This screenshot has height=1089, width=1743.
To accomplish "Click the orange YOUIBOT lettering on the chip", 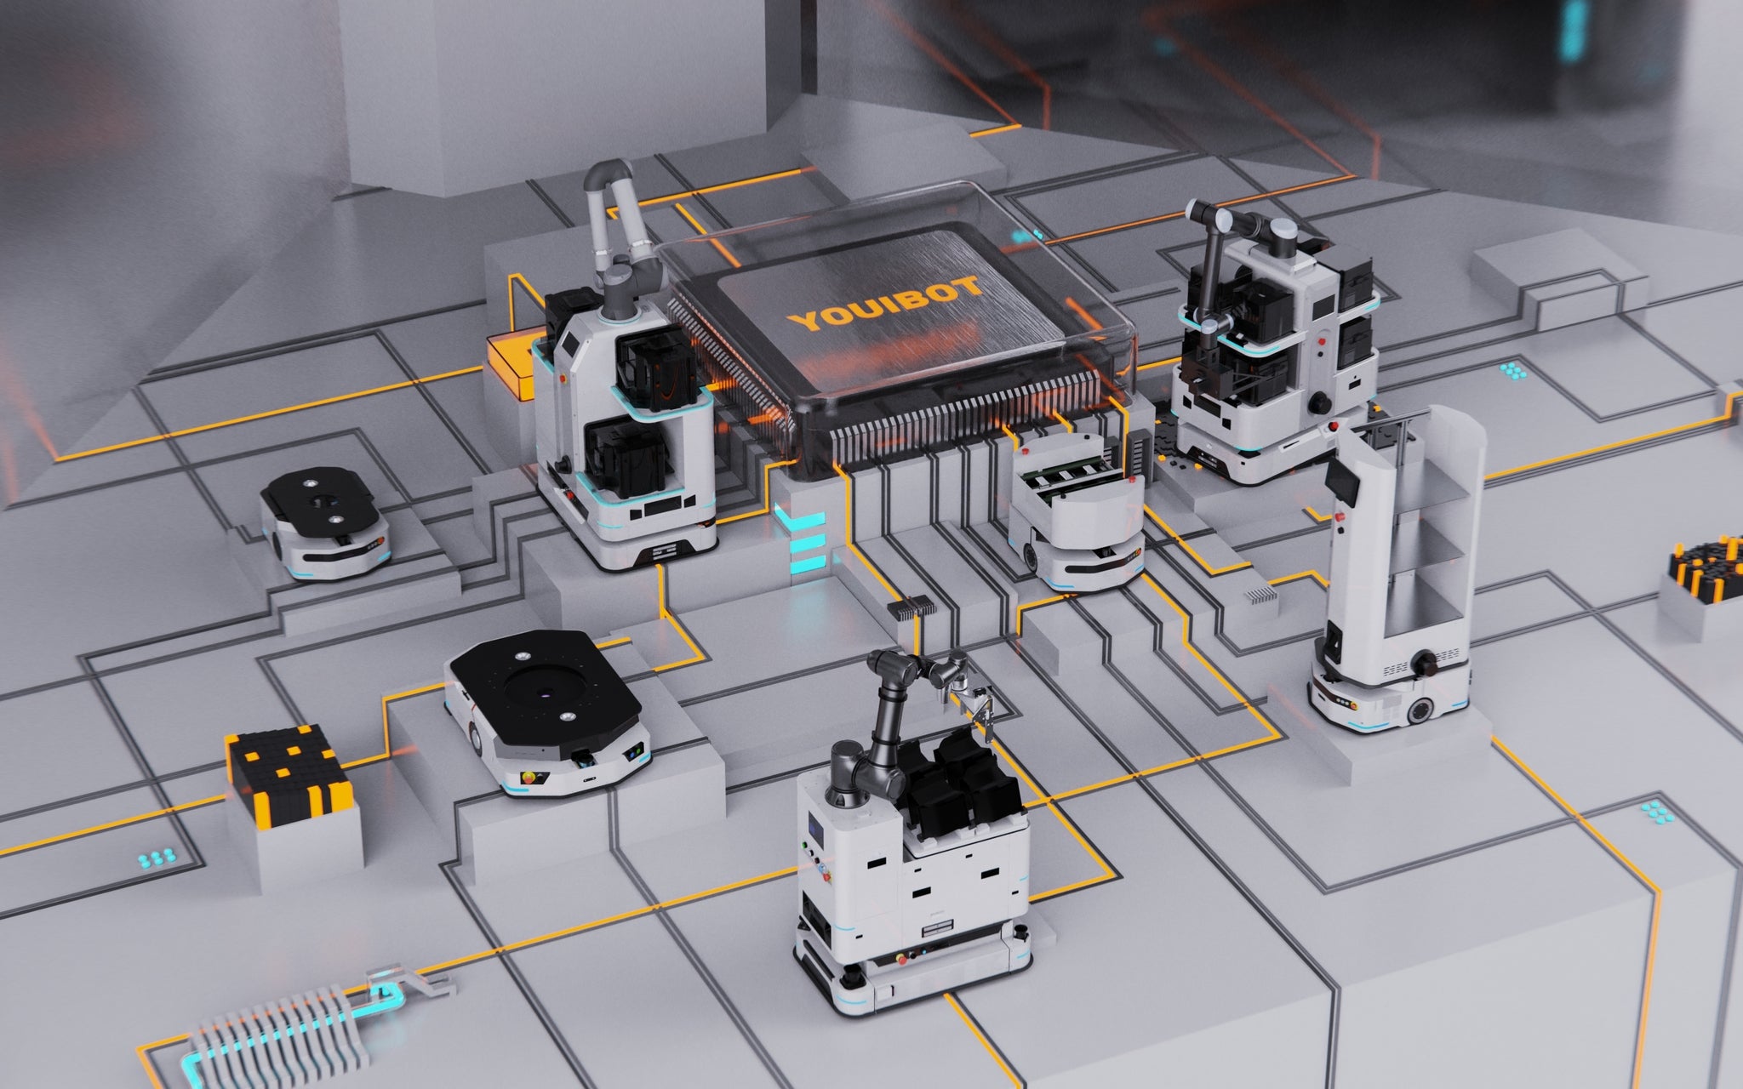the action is pyautogui.click(x=885, y=305).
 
